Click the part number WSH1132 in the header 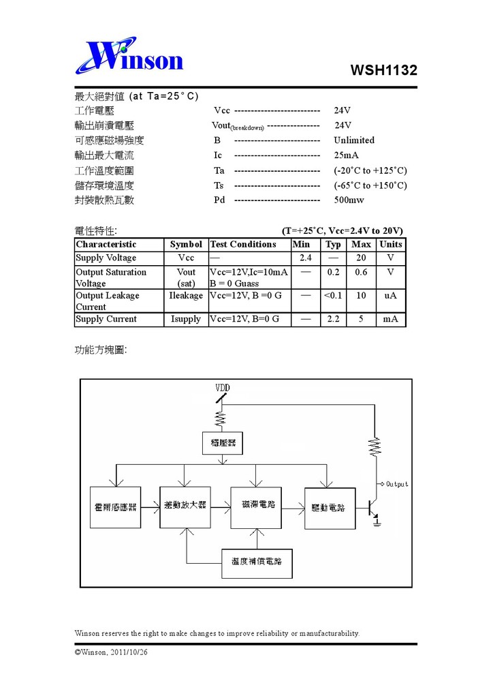383,70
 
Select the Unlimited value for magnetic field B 354,140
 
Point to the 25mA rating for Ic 346,155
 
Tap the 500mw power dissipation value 349,200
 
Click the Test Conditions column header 243,244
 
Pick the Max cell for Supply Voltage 361,258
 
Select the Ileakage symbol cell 186,296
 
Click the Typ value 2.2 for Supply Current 333,319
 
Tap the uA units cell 390,296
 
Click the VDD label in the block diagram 223,388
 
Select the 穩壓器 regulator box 222,443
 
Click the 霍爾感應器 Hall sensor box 115,507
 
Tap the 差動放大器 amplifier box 185,506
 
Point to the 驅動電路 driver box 330,508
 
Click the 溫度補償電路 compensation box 257,562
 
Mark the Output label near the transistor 397,484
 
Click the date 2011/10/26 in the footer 129,652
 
